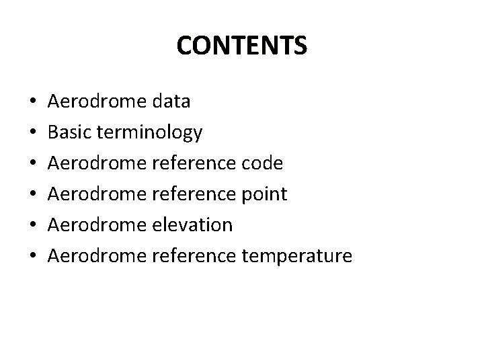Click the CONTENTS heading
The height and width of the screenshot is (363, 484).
[242, 46]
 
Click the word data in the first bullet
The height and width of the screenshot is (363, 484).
[171, 102]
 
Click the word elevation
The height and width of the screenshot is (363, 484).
[193, 225]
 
